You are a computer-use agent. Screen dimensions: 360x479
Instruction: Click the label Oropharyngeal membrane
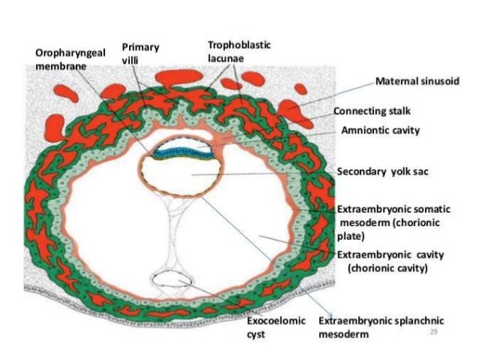click(68, 59)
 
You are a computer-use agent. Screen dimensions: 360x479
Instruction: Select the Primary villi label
click(142, 53)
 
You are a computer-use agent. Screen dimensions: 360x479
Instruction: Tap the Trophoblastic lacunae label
click(239, 51)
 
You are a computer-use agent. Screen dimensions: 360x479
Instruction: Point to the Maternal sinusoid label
click(415, 80)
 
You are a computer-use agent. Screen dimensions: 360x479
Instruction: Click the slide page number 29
click(432, 331)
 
